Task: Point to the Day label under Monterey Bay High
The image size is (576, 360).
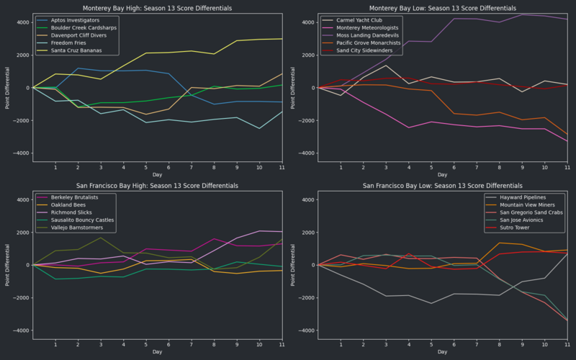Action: (x=157, y=175)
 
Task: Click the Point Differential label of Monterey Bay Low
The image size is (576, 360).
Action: (x=293, y=88)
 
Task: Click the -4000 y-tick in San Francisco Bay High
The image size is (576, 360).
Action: (x=20, y=331)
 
